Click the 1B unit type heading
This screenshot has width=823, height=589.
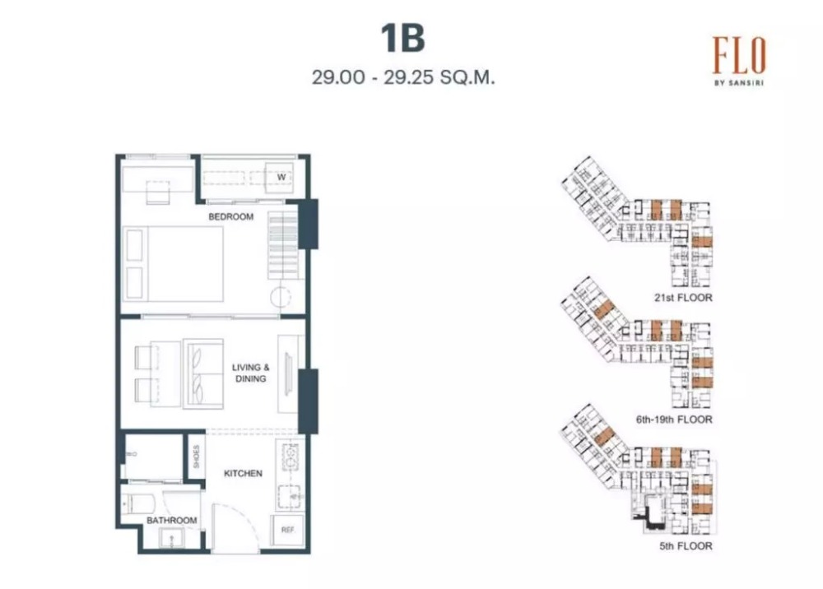coord(402,39)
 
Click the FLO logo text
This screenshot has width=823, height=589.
coord(739,56)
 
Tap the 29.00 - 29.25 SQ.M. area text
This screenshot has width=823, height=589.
coord(403,77)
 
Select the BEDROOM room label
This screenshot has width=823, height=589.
coord(231,216)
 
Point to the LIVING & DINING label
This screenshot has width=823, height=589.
coord(251,373)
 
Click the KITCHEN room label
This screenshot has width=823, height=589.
coord(243,473)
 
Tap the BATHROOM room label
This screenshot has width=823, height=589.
coord(172,520)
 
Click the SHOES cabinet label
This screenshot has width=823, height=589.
coord(197,457)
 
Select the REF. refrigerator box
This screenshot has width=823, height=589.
coord(287,531)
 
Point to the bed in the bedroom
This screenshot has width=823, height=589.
coord(173,264)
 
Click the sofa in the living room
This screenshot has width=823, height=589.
coord(203,373)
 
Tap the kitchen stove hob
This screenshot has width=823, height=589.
coord(290,457)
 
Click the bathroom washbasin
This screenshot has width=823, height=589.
coord(171,538)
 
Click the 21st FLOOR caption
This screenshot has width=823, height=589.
coord(683,298)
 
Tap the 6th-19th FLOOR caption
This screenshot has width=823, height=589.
coord(675,420)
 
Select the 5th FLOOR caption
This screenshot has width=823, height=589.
coord(686,546)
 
